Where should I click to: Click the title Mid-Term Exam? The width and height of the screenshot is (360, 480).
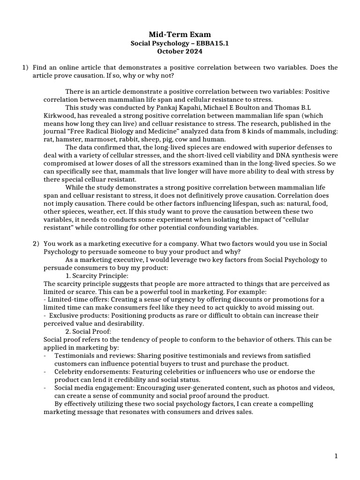pos(180,34)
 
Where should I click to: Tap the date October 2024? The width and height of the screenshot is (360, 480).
pos(180,51)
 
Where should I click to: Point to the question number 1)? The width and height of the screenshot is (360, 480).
pos(26,68)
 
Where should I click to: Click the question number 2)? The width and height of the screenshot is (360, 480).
pos(36,243)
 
